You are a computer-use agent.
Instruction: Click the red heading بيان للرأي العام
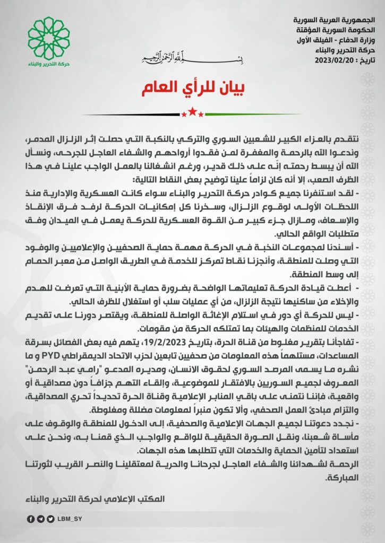click(192, 89)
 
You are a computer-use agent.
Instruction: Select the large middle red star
click(192, 113)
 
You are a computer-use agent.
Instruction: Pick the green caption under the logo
click(48, 64)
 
